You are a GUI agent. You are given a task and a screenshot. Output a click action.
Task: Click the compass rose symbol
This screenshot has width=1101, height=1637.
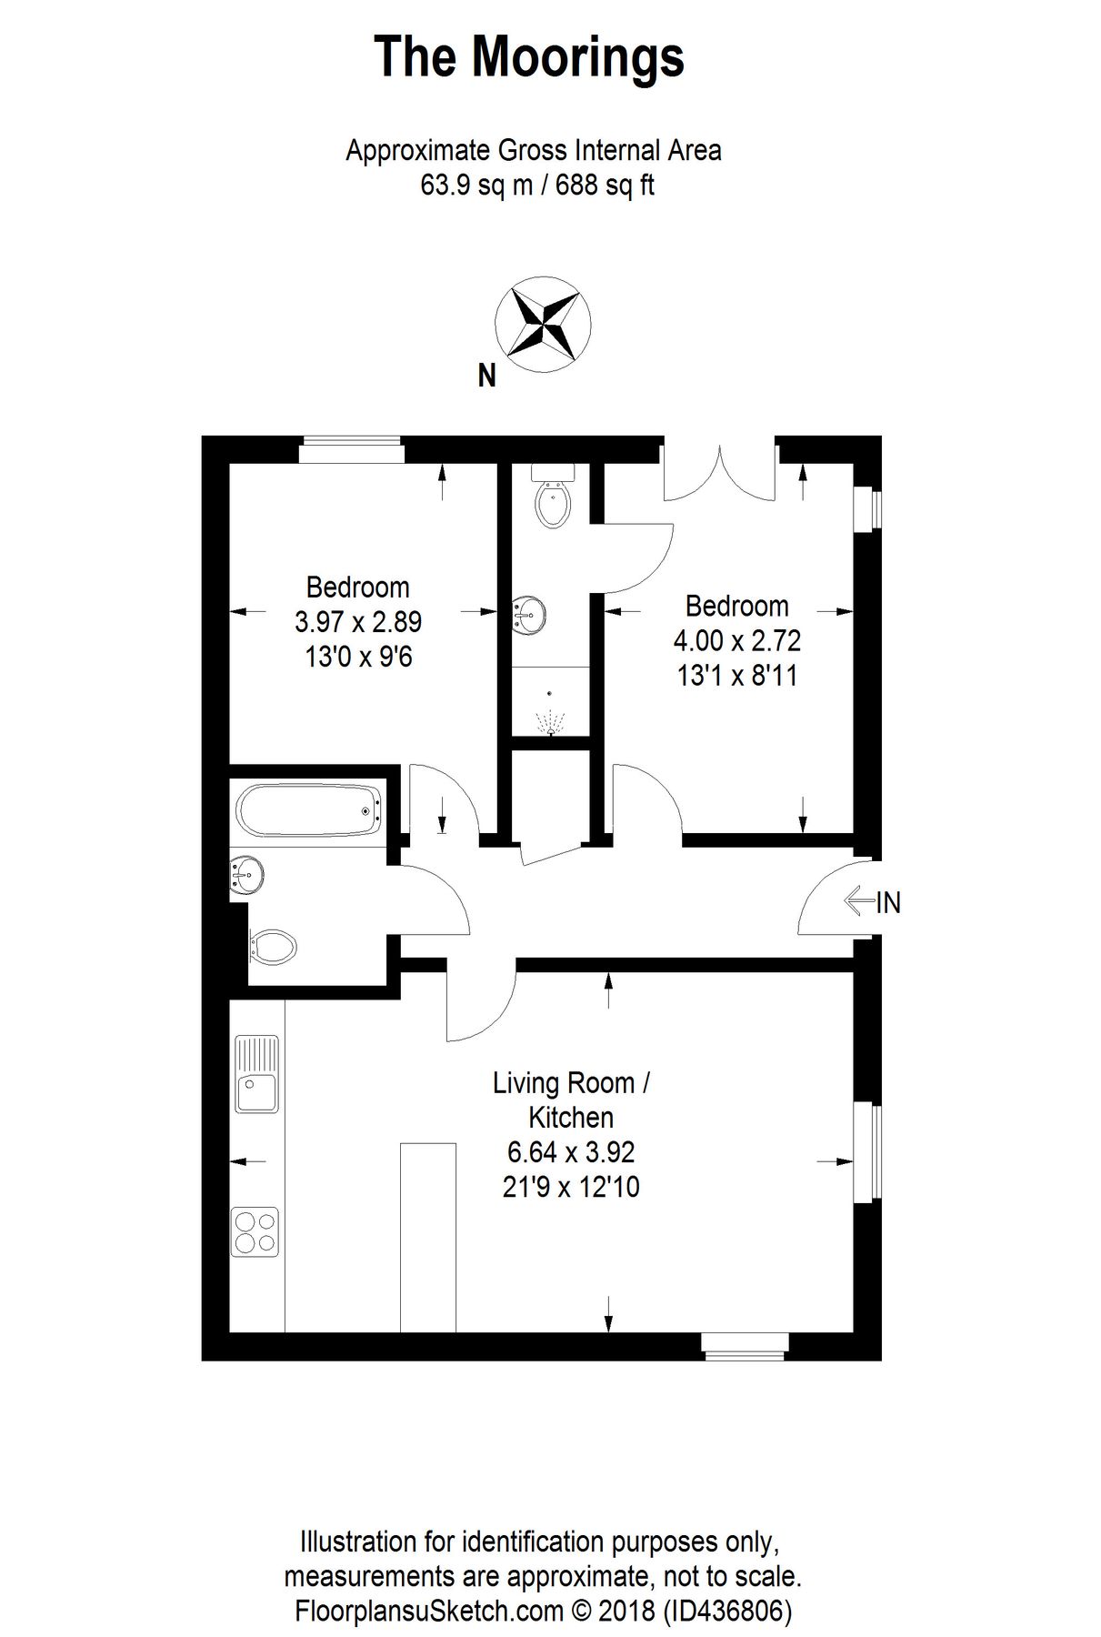543,324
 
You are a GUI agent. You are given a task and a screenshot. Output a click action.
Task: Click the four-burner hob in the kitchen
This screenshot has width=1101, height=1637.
255,1231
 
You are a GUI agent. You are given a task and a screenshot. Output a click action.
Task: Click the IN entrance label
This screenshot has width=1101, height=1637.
888,903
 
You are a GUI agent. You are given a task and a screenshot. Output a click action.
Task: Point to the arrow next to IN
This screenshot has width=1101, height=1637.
858,902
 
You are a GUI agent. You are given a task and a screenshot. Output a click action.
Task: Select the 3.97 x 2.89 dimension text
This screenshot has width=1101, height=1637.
357,622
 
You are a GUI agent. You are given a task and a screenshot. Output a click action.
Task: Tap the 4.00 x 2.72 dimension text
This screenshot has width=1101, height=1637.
736,641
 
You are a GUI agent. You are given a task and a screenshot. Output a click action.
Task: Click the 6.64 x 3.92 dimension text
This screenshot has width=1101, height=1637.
571,1152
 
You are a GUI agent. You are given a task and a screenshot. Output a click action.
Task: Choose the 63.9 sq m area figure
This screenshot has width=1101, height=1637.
472,186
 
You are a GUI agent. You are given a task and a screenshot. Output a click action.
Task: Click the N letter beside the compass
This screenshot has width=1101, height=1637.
487,376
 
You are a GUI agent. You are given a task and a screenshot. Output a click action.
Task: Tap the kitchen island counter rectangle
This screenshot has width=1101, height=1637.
427,1237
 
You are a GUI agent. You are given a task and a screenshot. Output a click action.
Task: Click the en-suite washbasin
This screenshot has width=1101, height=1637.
528,614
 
